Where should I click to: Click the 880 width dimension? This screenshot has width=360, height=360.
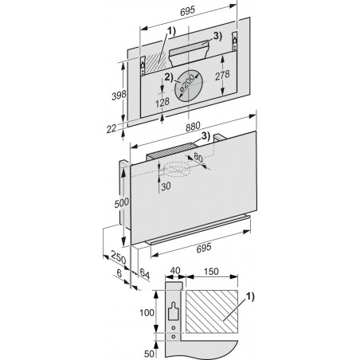pos(193,126)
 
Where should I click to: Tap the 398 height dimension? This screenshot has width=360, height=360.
pos(119,95)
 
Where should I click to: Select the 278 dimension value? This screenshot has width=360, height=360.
pos(222,75)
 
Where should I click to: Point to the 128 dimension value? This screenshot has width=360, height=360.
pos(162,102)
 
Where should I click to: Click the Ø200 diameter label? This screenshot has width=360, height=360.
pos(187,83)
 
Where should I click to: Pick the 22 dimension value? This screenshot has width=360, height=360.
pos(112,129)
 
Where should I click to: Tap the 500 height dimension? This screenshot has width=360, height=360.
pos(122,203)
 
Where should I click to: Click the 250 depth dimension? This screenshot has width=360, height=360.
pos(118,257)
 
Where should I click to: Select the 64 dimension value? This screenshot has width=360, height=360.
pos(144,273)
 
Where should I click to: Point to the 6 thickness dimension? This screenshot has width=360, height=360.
pos(119,273)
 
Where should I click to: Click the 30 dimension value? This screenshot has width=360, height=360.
pos(166,186)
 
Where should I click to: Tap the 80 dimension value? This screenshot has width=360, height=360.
pos(198,158)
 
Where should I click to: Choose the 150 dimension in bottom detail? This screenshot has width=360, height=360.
pos(211,272)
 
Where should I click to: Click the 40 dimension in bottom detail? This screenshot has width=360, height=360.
pos(175,271)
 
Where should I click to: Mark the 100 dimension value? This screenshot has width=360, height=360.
pos(147,312)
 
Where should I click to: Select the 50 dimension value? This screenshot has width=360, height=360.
pos(149,354)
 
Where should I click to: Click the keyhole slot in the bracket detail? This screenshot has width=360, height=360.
pos(173,311)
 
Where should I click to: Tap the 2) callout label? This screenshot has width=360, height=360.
pos(168,77)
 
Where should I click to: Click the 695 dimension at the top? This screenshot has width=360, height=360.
pos(187,11)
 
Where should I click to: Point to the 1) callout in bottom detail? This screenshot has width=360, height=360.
pos(250,296)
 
